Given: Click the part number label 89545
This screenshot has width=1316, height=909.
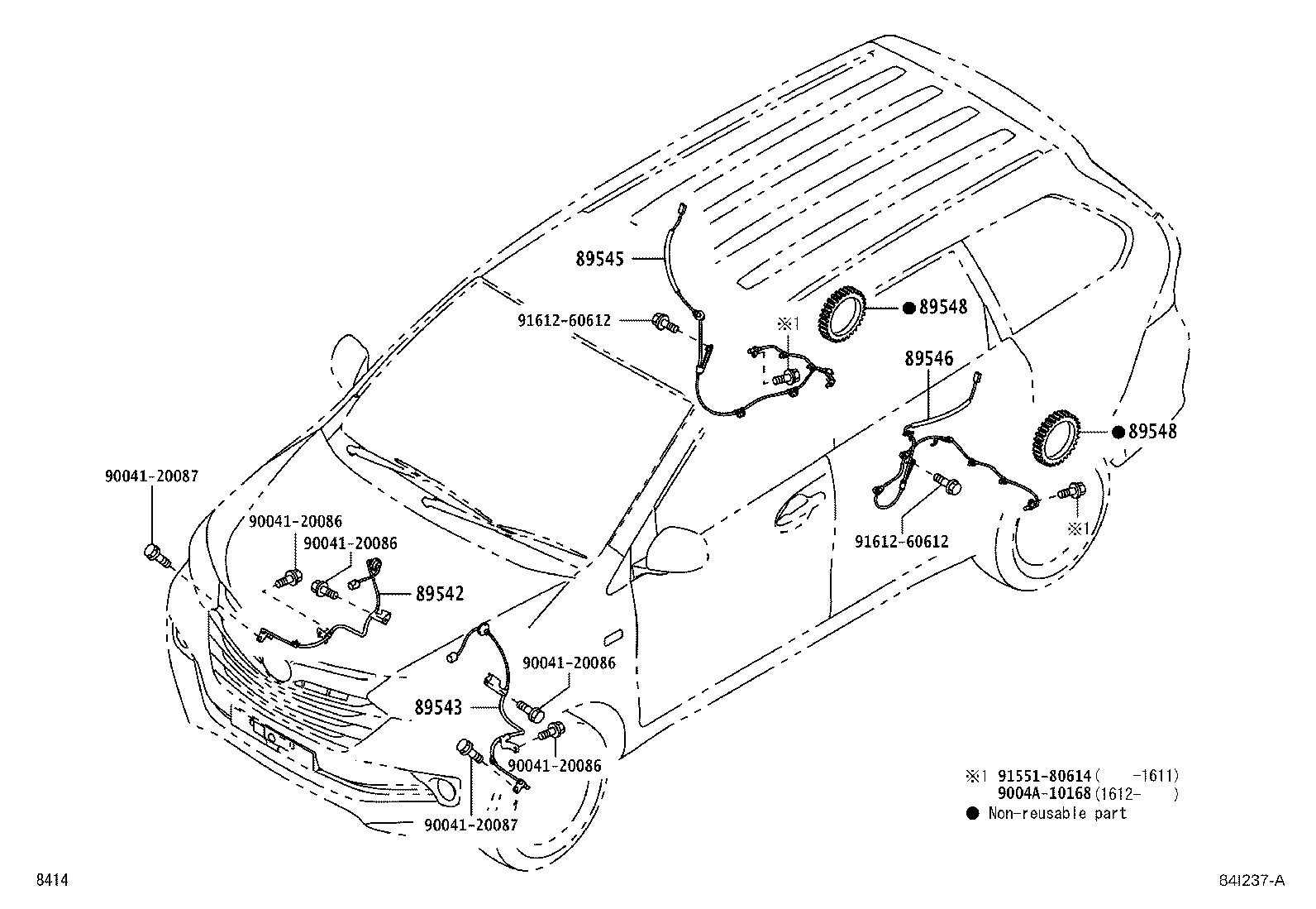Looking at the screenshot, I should click(x=600, y=259).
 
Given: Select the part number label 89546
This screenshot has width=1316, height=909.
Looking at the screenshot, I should click(x=928, y=359).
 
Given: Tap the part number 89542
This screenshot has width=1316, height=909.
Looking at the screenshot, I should click(x=440, y=594).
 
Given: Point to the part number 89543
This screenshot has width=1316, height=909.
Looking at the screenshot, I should click(x=439, y=708).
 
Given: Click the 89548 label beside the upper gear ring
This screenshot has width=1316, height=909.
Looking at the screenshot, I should click(x=943, y=308).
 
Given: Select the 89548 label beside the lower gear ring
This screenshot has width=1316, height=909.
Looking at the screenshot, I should click(x=1151, y=432).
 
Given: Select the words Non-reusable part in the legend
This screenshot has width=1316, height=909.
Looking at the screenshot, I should click(x=1057, y=814).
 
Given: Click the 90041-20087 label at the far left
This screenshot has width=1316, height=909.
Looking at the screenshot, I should click(x=151, y=476).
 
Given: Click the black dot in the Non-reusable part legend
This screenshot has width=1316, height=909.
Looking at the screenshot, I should click(x=973, y=814).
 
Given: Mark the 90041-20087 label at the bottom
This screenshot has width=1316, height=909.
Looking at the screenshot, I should click(x=471, y=825).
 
